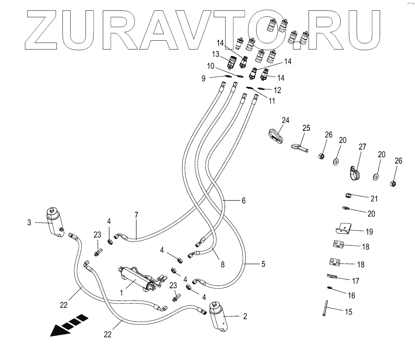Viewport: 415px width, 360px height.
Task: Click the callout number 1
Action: click(x=122, y=292)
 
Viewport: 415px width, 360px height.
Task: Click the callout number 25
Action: click(x=306, y=128)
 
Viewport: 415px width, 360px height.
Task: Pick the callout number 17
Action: click(x=356, y=281)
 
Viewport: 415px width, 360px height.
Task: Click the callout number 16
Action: click(x=351, y=296)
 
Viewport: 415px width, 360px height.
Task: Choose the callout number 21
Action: click(x=374, y=198)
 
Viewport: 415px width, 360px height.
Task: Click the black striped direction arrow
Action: click(x=69, y=325)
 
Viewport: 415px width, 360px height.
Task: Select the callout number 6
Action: click(x=243, y=201)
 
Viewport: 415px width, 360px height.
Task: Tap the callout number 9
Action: click(x=203, y=78)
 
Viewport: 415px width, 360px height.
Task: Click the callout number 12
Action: click(x=277, y=90)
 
